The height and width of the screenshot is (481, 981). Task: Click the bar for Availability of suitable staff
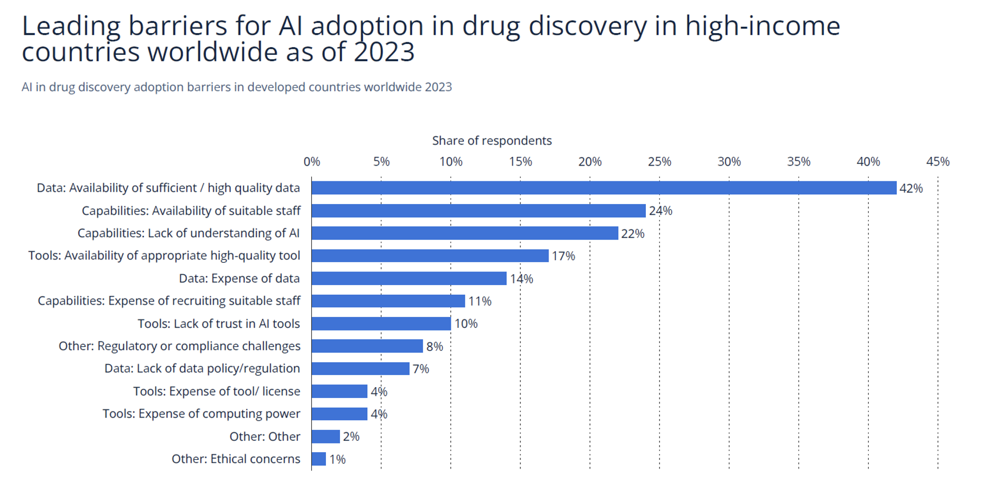point(478,211)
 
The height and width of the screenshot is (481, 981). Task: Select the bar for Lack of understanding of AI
point(464,233)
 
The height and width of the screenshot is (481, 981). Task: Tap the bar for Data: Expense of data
point(408,279)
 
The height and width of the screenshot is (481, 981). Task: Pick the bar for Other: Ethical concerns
point(319,459)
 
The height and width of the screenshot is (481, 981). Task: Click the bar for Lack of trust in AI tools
point(381,324)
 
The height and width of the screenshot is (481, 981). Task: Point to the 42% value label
point(911,188)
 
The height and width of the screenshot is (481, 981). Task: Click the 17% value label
point(563,256)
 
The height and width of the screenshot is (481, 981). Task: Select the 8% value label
point(435,346)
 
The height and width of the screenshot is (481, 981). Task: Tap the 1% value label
point(337,459)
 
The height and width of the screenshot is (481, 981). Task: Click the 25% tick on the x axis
point(659,162)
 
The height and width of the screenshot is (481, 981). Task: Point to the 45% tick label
point(938,162)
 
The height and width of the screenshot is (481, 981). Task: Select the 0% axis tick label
point(312,162)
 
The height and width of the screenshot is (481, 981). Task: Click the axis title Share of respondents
point(492,141)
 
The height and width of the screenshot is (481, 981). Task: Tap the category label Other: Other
point(265,436)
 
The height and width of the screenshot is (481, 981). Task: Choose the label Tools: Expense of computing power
point(201,414)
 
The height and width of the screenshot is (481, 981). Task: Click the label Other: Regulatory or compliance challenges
point(179,346)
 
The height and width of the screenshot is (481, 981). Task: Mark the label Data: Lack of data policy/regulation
point(202,369)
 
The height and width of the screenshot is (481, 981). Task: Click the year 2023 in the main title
point(385,52)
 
